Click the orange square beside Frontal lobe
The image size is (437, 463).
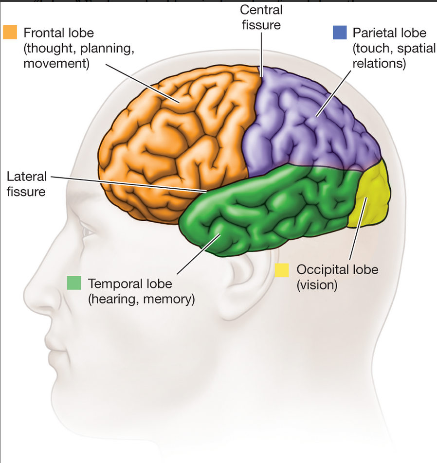[10, 32]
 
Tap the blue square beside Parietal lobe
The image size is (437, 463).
[340, 32]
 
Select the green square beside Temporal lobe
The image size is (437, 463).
[74, 283]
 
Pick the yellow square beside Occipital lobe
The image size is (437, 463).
[282, 270]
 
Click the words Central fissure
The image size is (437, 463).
[261, 18]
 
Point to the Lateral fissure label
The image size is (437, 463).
[27, 184]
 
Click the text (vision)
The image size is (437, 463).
[317, 285]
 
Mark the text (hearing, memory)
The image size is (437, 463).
[142, 299]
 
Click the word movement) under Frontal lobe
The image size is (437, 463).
[56, 64]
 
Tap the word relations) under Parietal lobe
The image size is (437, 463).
[380, 64]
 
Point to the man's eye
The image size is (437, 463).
[88, 232]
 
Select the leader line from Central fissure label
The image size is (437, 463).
[261, 54]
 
